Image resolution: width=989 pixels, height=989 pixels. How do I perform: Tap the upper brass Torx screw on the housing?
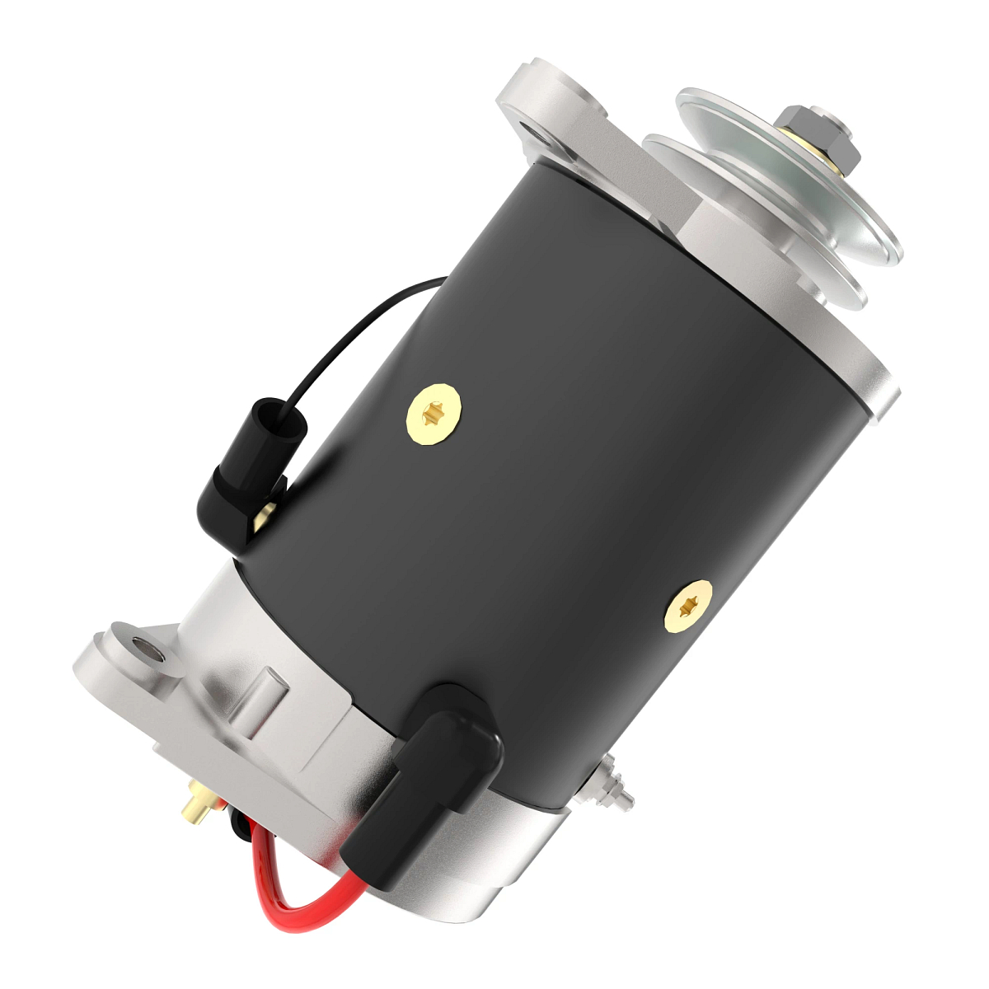point(434,413)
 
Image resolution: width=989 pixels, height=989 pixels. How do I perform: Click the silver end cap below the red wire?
point(478,874)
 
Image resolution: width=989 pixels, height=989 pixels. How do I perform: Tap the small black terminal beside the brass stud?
point(238,824)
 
